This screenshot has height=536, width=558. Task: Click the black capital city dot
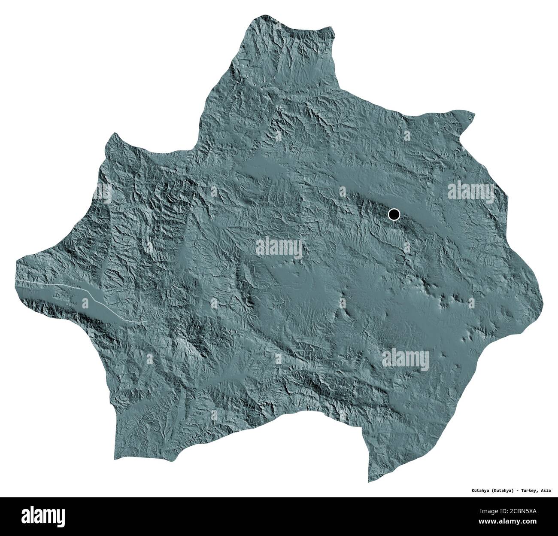tap(393, 214)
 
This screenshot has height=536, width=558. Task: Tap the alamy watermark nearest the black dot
tap(471, 189)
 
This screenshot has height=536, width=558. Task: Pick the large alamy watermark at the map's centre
tap(279, 248)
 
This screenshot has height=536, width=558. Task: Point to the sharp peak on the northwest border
tap(114, 134)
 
